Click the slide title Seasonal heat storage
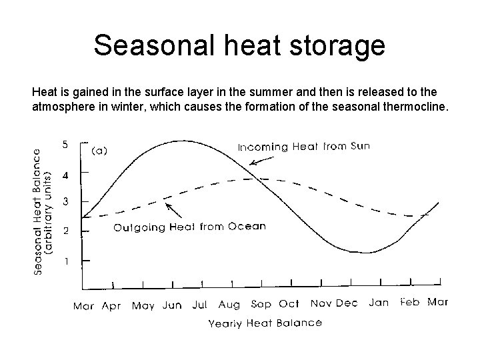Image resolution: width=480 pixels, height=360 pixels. [239, 45]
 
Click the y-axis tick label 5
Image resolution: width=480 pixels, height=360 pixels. [65, 143]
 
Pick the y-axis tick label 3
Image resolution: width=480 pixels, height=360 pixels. [65, 201]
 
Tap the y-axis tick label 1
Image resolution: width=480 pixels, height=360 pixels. [65, 261]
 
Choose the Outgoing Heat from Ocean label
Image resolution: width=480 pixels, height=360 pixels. [189, 227]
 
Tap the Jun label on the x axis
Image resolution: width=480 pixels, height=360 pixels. [171, 305]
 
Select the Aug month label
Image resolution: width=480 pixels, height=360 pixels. [229, 305]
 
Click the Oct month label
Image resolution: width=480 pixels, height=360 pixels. [289, 304]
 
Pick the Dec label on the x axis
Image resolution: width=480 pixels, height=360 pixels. [347, 303]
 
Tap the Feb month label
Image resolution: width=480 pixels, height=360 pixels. [409, 302]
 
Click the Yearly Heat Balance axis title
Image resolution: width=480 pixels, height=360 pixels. [265, 323]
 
